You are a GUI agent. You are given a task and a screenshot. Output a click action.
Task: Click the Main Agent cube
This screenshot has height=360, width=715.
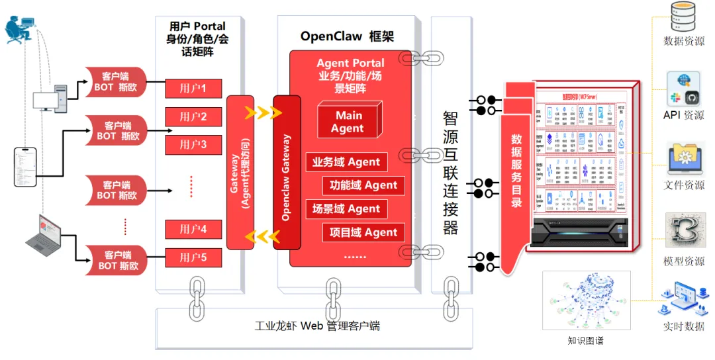click(348, 121)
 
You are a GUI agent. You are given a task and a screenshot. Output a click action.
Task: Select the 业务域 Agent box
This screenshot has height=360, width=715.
click(346, 162)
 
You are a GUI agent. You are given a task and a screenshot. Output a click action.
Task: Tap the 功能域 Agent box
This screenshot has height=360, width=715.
click(363, 185)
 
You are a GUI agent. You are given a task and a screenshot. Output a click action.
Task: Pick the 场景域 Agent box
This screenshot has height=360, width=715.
click(346, 209)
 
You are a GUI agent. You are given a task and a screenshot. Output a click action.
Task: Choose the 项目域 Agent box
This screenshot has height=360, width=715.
click(363, 232)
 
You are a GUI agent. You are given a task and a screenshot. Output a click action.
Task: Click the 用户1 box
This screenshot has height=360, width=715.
click(193, 88)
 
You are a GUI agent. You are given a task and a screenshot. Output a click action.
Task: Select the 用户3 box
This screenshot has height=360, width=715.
click(193, 144)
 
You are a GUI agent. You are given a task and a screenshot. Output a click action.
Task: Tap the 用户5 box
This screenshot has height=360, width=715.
click(193, 257)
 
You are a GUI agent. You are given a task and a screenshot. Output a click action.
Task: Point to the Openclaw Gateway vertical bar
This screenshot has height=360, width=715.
click(287, 172)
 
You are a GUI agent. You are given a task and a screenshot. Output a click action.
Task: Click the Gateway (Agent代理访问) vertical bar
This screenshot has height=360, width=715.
click(240, 172)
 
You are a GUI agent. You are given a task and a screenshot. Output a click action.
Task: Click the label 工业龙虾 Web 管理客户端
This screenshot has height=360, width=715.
click(317, 326)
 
